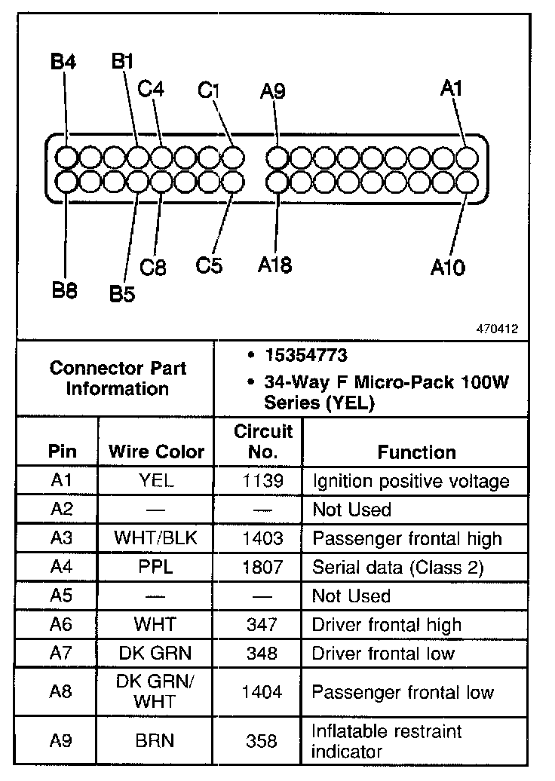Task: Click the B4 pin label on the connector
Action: coord(63,62)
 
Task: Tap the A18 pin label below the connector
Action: coord(274,265)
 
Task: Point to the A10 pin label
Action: coord(448,267)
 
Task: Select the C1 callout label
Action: coord(209,90)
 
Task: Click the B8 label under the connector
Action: coord(65,290)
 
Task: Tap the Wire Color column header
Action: coord(156,452)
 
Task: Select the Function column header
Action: coord(416,452)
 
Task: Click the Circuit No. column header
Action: coord(262,442)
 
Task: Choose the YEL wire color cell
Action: coord(156,481)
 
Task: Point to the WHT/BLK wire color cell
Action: coord(156,538)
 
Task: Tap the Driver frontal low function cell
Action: coord(383,653)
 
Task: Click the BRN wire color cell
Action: coord(156,741)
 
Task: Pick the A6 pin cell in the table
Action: coord(62,624)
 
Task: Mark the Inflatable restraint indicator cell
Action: coord(386,741)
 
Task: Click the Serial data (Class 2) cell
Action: coord(397,567)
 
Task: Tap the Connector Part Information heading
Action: coord(118,378)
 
